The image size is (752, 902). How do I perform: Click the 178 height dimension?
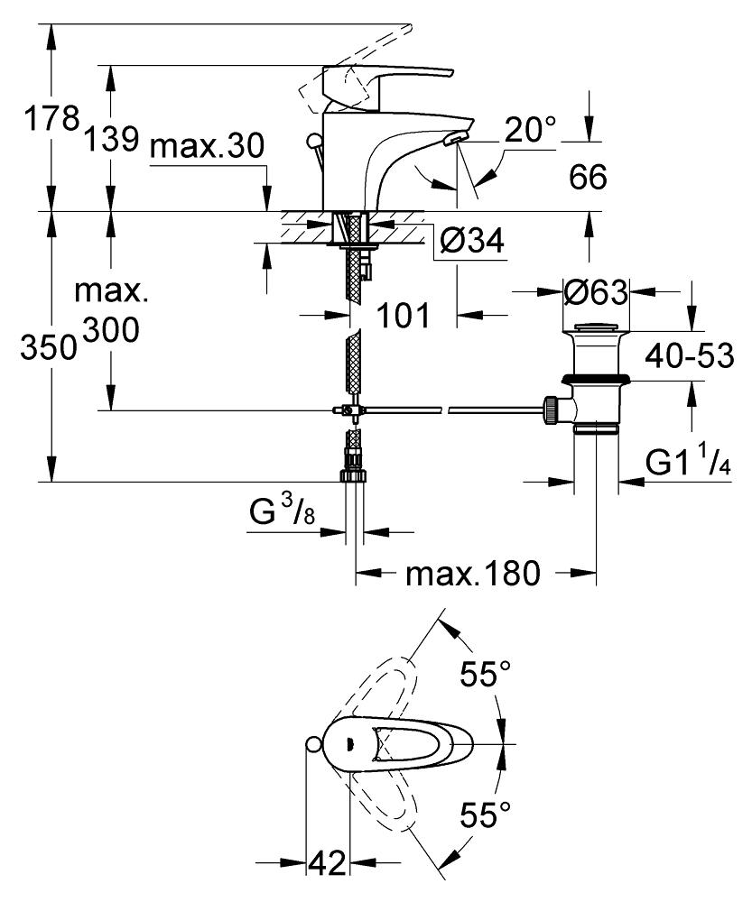(x=51, y=120)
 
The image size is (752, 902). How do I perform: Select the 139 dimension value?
(x=112, y=139)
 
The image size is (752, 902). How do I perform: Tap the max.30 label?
(x=207, y=146)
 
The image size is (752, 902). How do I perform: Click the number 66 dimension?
(x=588, y=177)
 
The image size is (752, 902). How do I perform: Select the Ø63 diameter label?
(x=596, y=293)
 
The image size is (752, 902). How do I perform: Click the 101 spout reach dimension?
(x=403, y=315)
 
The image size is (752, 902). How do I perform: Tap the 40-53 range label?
(x=689, y=356)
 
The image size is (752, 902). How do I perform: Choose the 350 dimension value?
(x=49, y=347)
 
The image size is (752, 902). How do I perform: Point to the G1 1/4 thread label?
(x=688, y=460)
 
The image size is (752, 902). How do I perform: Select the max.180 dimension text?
(x=473, y=573)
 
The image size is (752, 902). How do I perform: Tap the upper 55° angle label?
(x=485, y=673)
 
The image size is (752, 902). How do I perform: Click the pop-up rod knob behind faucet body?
(x=314, y=141)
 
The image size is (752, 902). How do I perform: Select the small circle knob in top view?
(x=312, y=744)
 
